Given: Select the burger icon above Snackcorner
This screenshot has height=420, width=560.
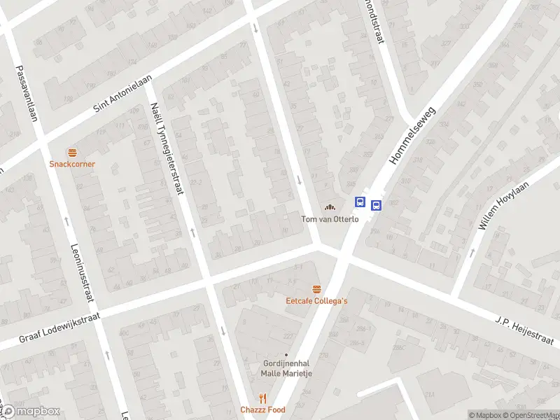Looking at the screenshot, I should click(72, 153).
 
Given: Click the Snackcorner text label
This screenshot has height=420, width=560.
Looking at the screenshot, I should click(72, 164).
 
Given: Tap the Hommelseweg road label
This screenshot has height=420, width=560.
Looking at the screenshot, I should click(413, 136).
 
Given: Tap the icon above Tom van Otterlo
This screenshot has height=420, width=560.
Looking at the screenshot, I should click(330, 206).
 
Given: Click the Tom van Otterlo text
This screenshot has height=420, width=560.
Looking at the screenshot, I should click(330, 218).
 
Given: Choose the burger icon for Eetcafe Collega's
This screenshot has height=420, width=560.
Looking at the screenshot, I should click(317, 289).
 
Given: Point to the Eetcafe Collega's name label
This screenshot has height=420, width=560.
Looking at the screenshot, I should click(317, 301).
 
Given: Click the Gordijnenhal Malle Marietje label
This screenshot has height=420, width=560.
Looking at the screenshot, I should click(286, 368).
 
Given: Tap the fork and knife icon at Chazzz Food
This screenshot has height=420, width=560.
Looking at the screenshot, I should click(263, 398).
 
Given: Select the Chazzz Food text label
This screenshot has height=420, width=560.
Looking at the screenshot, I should click(263, 410).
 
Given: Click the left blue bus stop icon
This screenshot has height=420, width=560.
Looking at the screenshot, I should click(360, 202).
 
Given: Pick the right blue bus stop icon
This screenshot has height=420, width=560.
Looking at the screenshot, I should click(377, 206).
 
